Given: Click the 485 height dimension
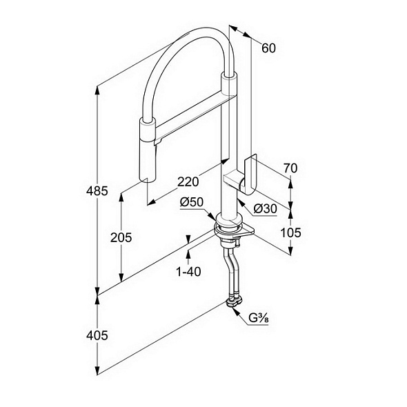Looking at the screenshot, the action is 97,191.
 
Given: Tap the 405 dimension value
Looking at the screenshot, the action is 97,336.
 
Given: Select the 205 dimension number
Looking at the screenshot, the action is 121,237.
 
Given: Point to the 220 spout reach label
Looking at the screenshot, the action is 188,182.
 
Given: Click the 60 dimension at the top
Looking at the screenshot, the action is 268,48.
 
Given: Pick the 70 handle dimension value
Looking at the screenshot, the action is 290,168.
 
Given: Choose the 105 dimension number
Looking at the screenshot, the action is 290,233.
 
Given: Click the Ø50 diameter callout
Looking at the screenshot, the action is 192,202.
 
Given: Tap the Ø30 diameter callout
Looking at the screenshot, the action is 265,209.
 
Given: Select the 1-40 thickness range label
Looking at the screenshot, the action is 188,272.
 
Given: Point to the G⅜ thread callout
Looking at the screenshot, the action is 259,318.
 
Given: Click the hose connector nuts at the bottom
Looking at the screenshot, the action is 235,302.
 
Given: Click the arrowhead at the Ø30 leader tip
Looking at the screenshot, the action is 239,202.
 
